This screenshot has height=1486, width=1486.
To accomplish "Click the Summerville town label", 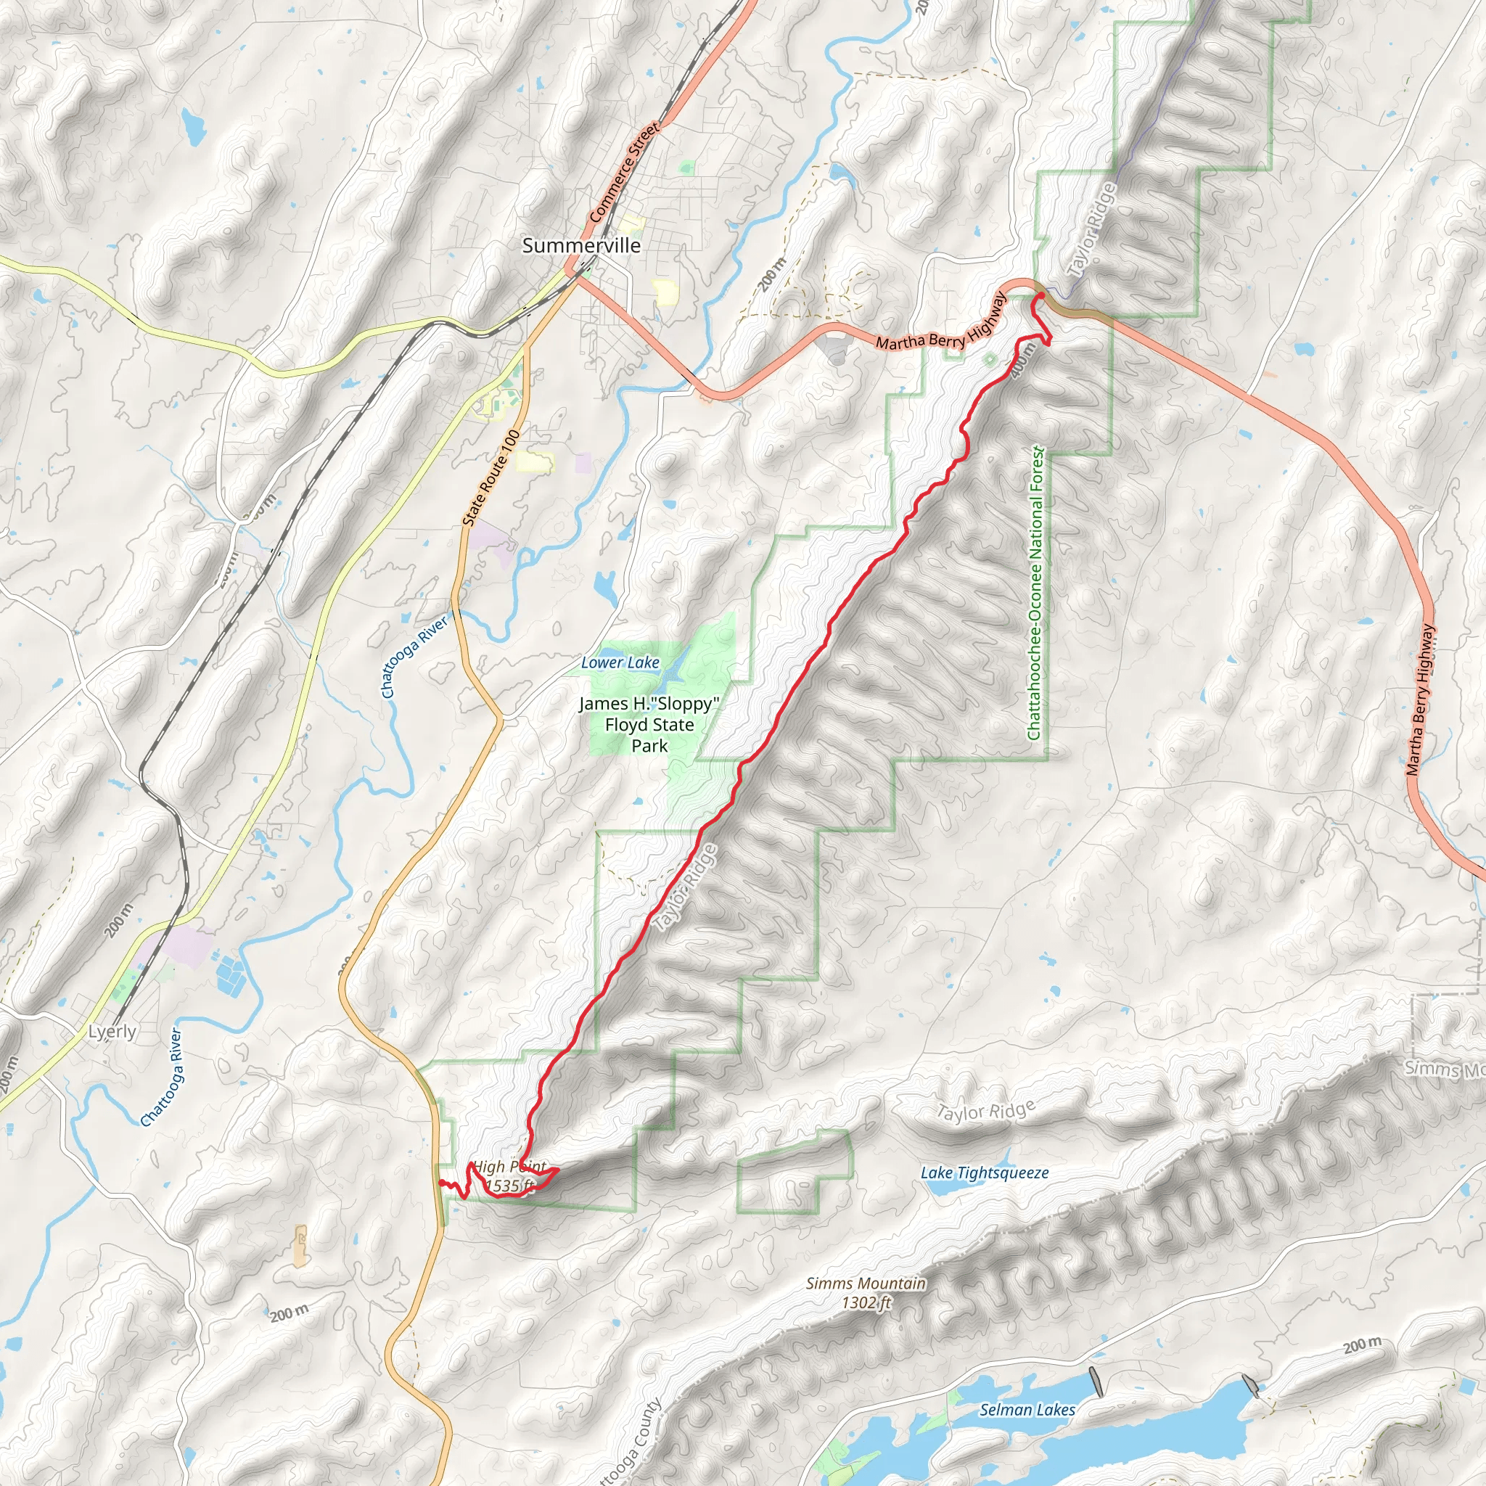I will (580, 245).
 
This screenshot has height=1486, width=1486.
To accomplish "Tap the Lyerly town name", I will (112, 1032).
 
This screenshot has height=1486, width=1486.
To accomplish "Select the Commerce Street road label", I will (623, 172).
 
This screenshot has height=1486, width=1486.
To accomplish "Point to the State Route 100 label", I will (491, 477).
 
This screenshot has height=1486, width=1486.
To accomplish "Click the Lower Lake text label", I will (620, 662).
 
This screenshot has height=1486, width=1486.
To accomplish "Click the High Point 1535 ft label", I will (509, 1176).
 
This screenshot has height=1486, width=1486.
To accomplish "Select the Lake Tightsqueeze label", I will (985, 1173).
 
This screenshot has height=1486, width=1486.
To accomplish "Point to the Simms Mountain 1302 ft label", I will (866, 1292).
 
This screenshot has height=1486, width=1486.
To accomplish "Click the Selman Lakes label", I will (1027, 1409).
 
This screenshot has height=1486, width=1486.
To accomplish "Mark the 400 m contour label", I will (1023, 360).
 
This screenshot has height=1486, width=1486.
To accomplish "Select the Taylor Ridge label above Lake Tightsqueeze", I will (985, 1112).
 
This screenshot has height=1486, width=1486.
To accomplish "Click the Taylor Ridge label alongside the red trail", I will (684, 887).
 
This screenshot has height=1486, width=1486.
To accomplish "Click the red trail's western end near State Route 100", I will (439, 1181).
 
